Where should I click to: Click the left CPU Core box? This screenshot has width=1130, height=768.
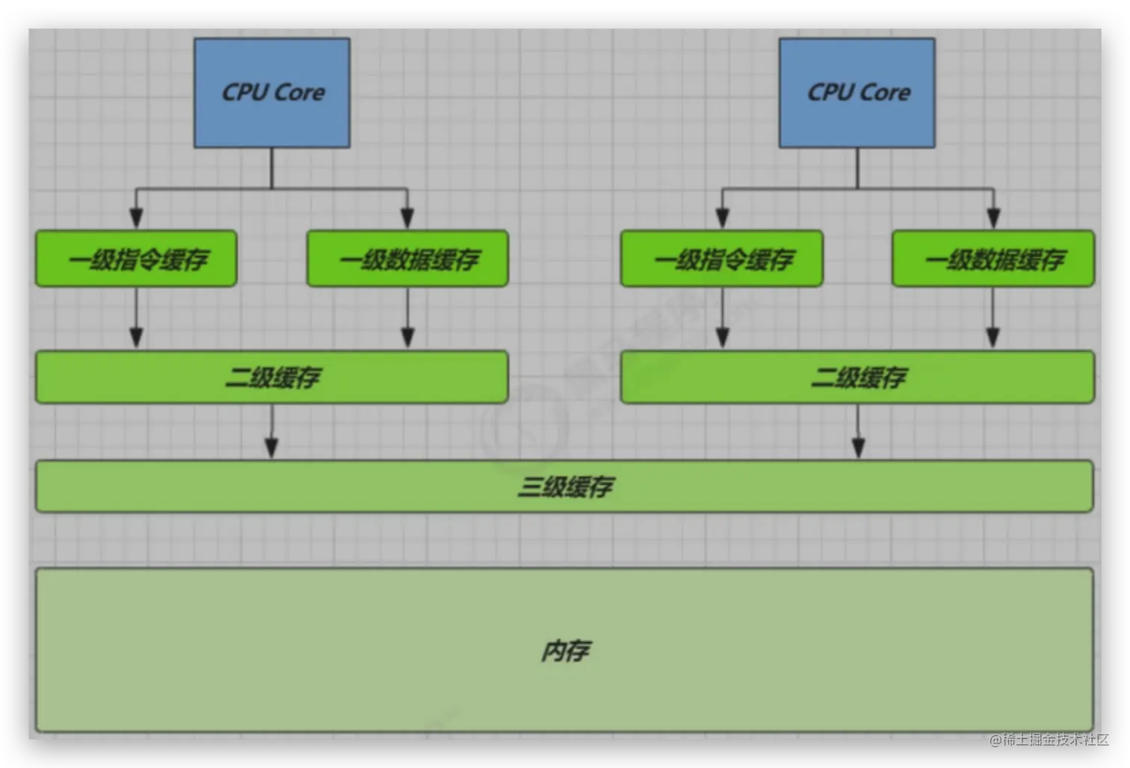pos(272,93)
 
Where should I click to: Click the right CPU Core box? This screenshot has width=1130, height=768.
pos(857,93)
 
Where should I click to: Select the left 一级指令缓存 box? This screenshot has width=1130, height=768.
pos(136,258)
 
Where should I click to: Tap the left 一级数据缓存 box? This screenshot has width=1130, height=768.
pos(407,258)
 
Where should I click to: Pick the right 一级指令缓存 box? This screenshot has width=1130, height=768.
pos(722,258)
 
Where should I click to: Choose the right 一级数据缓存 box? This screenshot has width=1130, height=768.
pos(993,258)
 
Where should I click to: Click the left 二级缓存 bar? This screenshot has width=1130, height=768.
pos(272,377)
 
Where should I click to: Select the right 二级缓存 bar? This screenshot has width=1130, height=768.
pos(857,377)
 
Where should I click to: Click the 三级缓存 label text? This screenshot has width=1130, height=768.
pos(565,487)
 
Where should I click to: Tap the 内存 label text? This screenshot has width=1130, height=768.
pos(565,651)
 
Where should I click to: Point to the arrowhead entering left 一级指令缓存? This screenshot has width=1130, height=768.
pos(136,217)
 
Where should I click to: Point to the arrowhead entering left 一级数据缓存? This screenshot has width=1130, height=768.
pos(407,217)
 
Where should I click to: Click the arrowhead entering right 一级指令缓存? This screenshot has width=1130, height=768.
pos(722,217)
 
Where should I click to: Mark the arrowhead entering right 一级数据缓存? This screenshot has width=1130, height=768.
pos(993,217)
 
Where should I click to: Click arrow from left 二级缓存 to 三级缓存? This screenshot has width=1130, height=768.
pos(272,432)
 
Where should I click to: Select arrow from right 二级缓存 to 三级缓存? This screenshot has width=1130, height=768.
pos(858,432)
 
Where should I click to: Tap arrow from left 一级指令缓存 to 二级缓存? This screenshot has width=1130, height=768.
pos(136,318)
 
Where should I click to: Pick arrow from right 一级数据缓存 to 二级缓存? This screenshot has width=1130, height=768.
pos(993,318)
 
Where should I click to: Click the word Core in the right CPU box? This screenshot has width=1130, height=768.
pos(885,93)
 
